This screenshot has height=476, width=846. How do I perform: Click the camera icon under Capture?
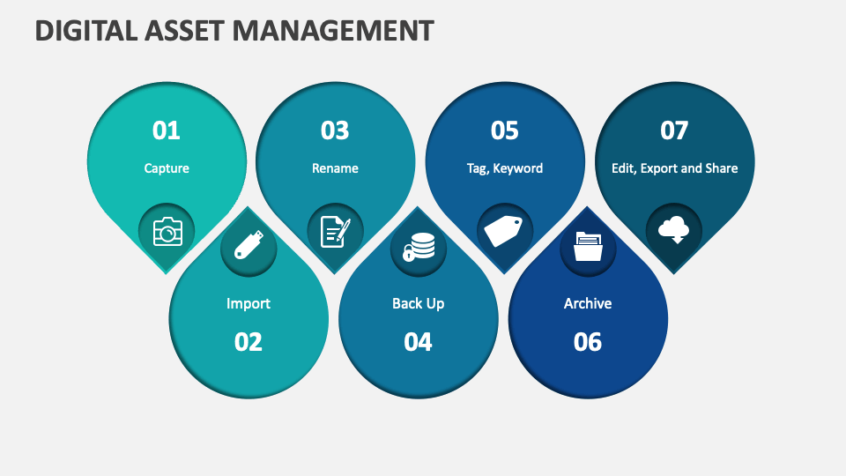point(167,232)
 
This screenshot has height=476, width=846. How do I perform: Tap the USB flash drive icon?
point(249,245)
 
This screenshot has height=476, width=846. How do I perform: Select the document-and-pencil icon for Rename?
point(335,232)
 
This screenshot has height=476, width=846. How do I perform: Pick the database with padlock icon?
point(419,247)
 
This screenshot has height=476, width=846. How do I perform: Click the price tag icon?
point(503,232)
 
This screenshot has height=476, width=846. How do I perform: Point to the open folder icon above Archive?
point(588,246)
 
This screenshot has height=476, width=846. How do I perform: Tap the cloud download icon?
point(673,230)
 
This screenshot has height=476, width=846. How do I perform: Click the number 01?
point(167,130)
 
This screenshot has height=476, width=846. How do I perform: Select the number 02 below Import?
point(249,342)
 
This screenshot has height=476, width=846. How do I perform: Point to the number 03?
point(335,130)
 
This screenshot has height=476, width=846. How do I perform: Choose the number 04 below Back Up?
point(418,342)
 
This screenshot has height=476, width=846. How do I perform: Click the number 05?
point(504,130)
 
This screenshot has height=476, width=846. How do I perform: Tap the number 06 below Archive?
point(588,342)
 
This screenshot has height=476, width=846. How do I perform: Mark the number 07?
point(674,130)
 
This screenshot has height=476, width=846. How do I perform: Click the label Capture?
point(167,168)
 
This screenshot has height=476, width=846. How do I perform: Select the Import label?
point(249,303)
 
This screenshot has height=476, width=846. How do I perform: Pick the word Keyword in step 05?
point(518,168)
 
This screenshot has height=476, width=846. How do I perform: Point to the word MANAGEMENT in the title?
point(333,30)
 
